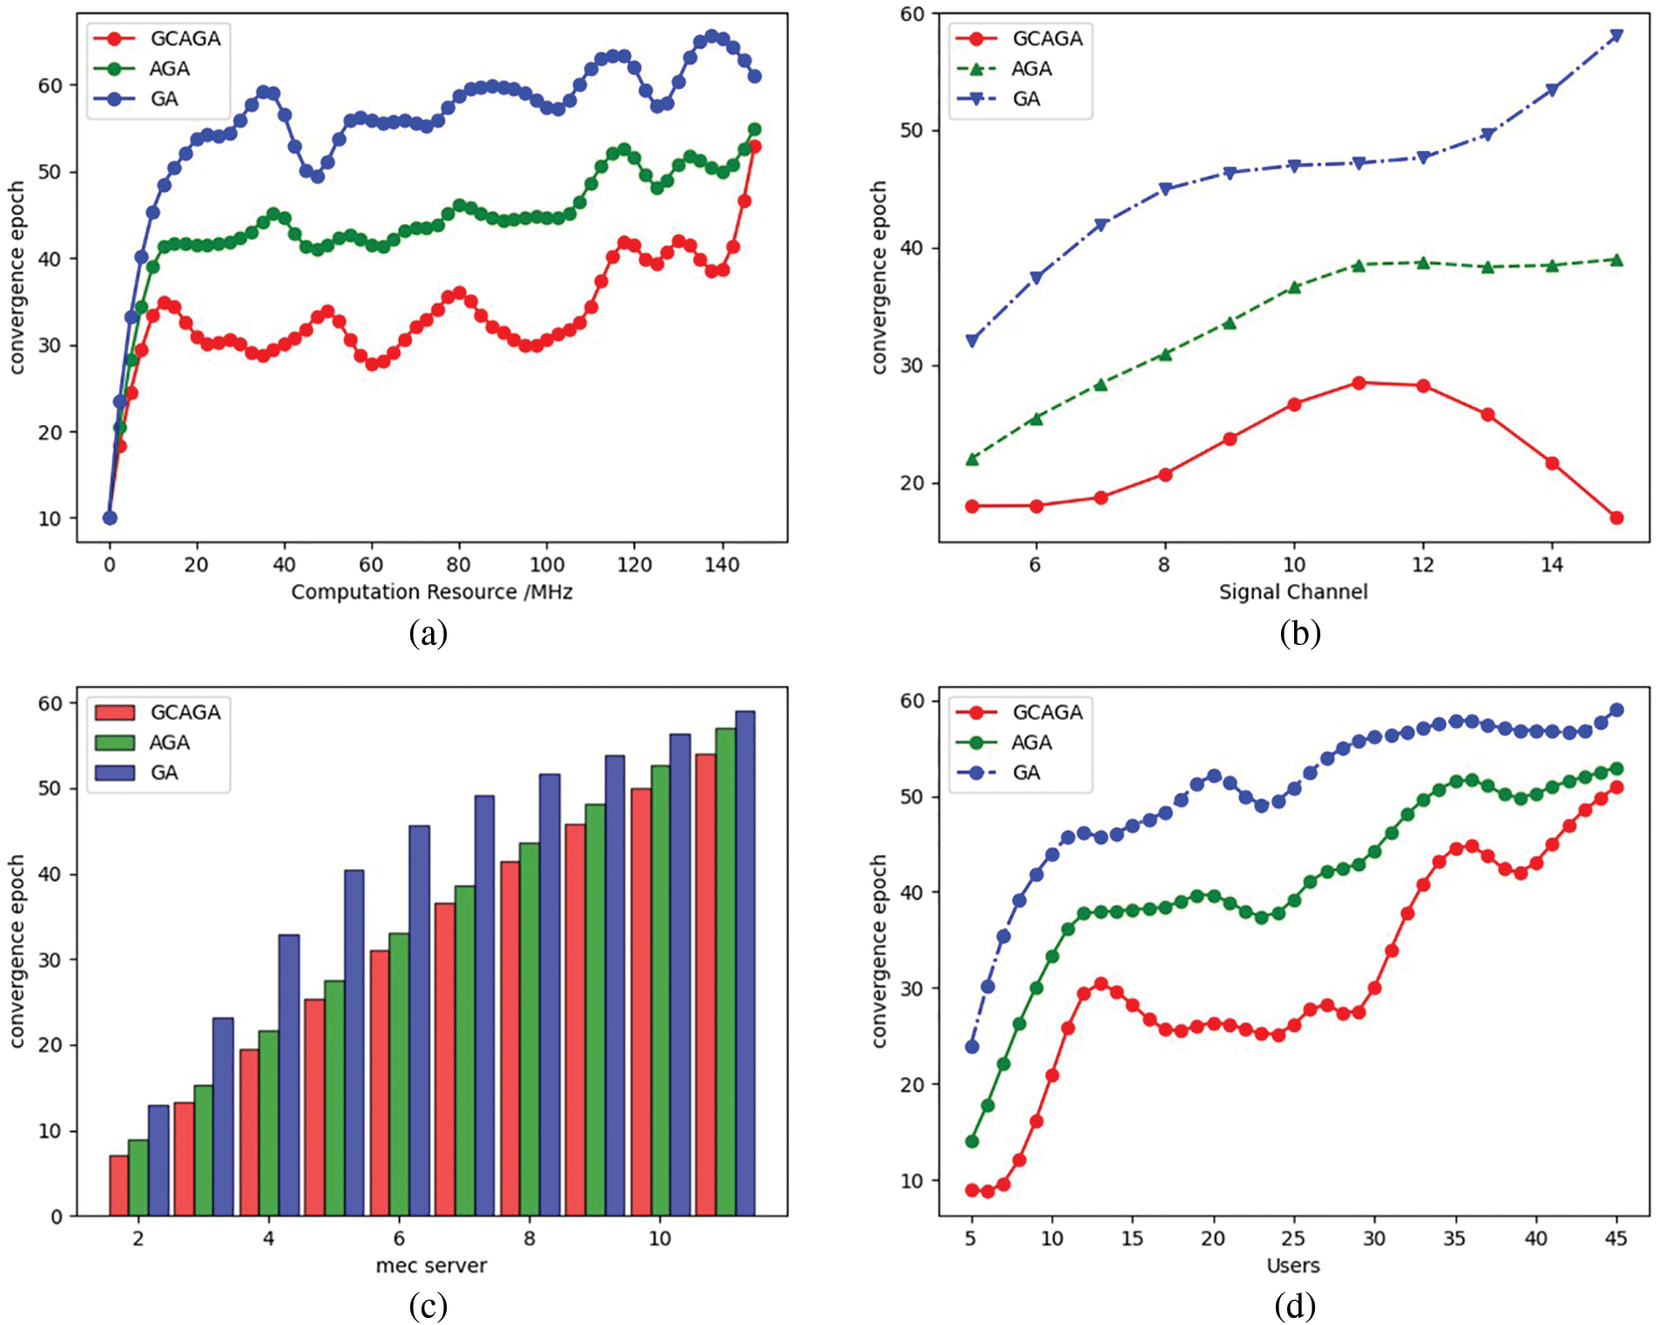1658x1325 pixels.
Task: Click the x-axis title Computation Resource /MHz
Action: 432,592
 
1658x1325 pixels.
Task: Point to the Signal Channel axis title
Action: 1293,592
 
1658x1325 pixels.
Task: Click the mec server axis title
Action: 431,1266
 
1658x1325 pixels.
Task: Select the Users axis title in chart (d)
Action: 1293,1266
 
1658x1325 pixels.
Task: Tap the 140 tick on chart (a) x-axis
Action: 722,565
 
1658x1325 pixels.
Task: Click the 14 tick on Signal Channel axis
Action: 1552,565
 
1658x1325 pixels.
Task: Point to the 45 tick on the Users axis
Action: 1616,1239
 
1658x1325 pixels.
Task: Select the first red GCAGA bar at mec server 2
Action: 119,1185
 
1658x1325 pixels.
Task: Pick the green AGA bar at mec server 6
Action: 399,1074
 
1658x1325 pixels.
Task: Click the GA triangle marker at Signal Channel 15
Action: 1616,36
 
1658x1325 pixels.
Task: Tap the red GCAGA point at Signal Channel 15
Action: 1616,518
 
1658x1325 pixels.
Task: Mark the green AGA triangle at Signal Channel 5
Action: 972,459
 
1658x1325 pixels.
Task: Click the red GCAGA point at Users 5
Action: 972,1190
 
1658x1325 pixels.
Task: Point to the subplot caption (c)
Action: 428,1306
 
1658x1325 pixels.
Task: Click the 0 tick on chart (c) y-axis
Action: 58,1216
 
